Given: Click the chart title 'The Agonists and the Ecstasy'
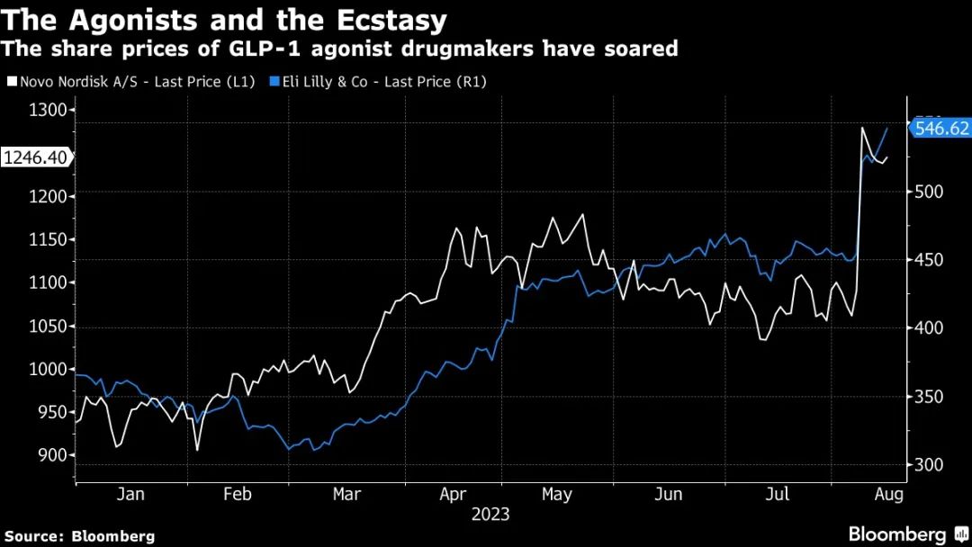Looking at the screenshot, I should (x=225, y=20).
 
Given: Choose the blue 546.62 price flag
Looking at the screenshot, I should (x=941, y=129).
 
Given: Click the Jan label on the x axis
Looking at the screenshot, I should (x=130, y=494).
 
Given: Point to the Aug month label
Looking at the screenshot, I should (x=888, y=494).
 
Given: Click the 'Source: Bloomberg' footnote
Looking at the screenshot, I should (x=77, y=535).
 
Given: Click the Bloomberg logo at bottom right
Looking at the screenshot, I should (x=898, y=534).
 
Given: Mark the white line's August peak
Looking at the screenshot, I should (x=862, y=128).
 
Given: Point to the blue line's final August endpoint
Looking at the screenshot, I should (x=887, y=129).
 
